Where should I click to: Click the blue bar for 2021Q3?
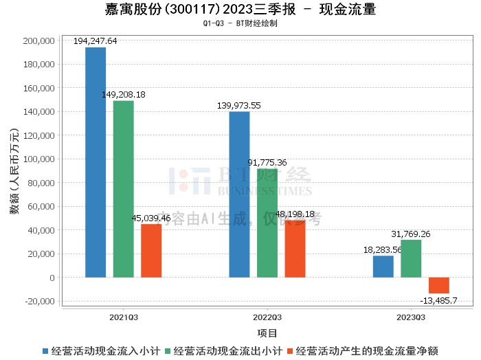click(x=96, y=162)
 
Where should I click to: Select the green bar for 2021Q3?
click(x=124, y=189)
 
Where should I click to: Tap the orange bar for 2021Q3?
click(x=151, y=251)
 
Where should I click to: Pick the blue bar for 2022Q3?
click(x=239, y=194)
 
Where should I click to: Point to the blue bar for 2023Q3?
click(x=383, y=267)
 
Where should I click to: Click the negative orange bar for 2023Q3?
click(x=438, y=285)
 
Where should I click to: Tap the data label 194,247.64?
click(x=96, y=41)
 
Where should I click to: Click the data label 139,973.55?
click(x=239, y=105)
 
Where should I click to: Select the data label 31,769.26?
click(x=411, y=234)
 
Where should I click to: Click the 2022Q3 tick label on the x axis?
click(x=267, y=317)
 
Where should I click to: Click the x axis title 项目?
click(x=267, y=333)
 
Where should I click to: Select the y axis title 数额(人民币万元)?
click(x=14, y=171)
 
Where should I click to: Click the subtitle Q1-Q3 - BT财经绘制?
click(x=240, y=23)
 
